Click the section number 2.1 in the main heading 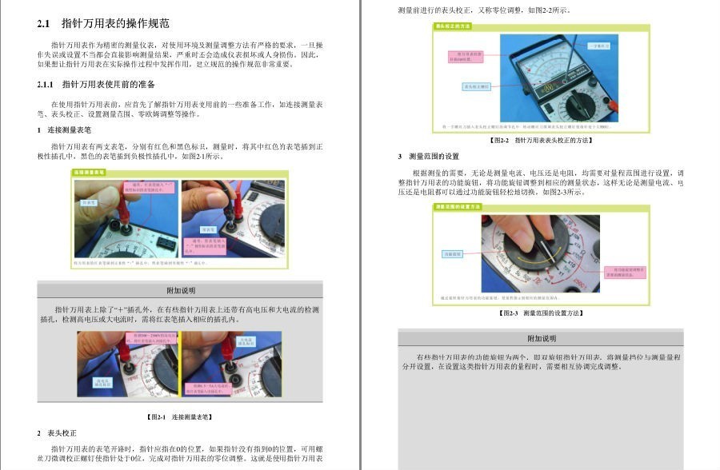(x=45, y=23)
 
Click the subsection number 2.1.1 (x=46, y=84)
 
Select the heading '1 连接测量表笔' (x=64, y=129)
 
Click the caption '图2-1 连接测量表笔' (x=180, y=416)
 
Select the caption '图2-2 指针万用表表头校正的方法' (x=541, y=140)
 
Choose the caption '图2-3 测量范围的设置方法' (x=541, y=313)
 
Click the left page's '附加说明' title (x=180, y=290)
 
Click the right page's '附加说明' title (x=541, y=338)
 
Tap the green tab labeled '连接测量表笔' (x=90, y=172)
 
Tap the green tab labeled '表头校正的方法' (x=453, y=26)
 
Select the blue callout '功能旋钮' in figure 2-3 (x=452, y=254)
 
